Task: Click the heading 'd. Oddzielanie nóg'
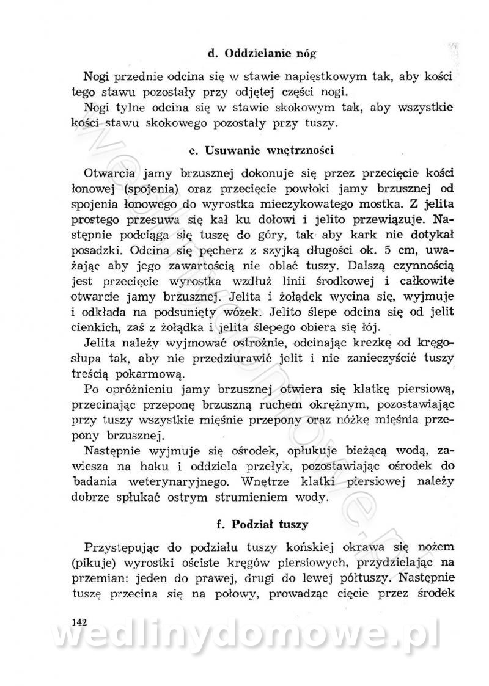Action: tap(262, 54)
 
